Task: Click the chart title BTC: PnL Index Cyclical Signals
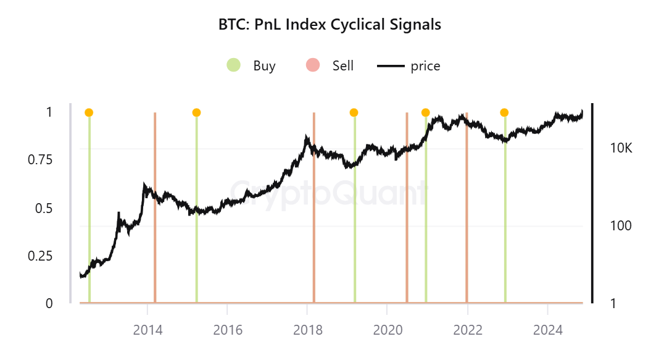330,25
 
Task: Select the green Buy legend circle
233,65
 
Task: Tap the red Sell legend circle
313,65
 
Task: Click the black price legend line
390,65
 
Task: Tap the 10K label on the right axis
620,149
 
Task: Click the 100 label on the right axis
621,225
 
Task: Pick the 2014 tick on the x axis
147,330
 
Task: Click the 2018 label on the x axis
307,330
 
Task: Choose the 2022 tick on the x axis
467,330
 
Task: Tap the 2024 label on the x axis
547,330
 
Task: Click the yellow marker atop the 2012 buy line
89,112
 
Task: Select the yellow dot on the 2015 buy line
196,112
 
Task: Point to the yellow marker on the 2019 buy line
354,112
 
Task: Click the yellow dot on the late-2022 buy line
504,112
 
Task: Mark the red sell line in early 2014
155,210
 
